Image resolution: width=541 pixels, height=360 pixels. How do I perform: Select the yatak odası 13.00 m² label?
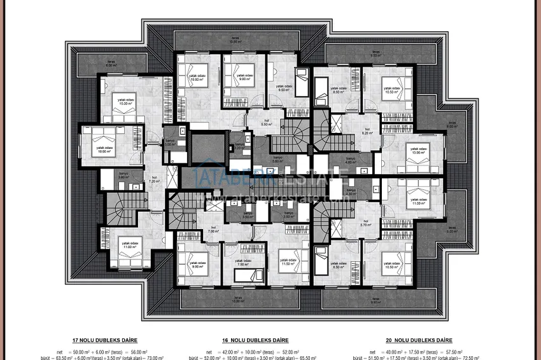pos(418,151)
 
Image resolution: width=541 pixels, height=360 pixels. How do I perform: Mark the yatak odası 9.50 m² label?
pos(285,88)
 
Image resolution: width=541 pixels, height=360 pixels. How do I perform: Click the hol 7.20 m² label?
pos(153,179)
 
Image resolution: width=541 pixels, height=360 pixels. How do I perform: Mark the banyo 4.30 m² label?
pos(350,192)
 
